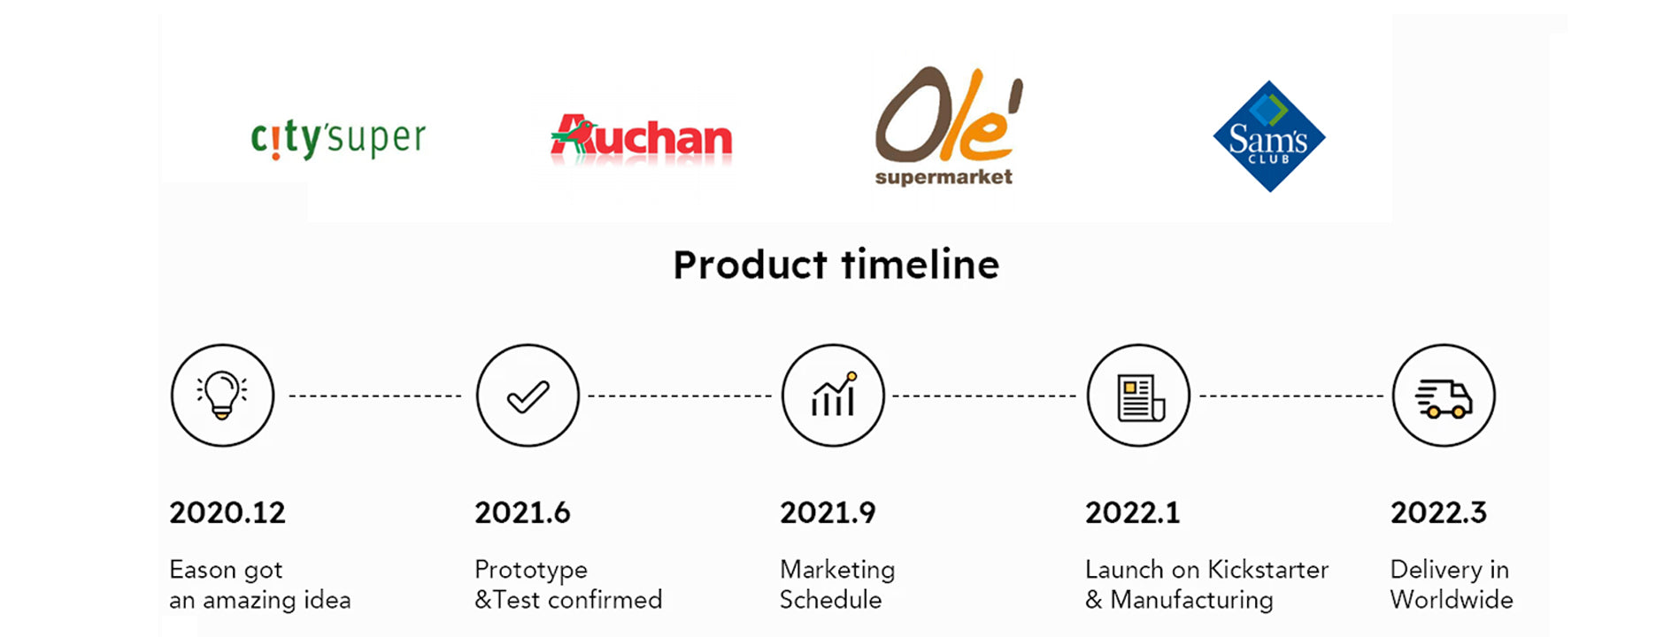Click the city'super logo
point(338,140)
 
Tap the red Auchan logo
point(641,138)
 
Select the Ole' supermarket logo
point(948,126)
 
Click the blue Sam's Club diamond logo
point(1269,136)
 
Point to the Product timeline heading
point(836,265)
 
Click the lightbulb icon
point(222,395)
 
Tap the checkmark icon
point(528,395)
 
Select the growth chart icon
point(833,395)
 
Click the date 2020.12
point(227,512)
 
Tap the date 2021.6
point(522,512)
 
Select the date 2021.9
point(828,512)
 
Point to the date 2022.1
point(1133,512)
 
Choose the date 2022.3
point(1438,512)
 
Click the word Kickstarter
point(1268,569)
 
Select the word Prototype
point(531,571)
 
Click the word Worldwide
point(1452,599)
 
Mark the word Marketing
point(837,571)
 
